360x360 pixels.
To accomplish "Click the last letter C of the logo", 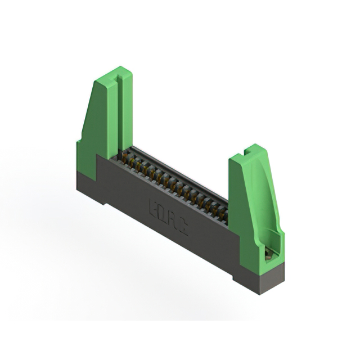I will (x=183, y=220).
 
